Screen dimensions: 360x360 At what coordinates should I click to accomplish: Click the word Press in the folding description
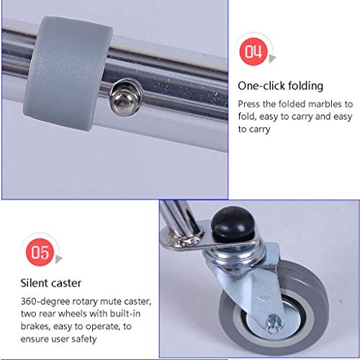249,104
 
